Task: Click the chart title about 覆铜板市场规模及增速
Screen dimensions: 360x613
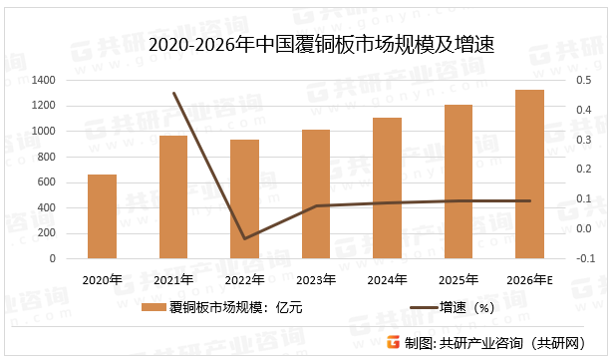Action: [x=306, y=45]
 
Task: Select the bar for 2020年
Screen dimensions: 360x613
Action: [x=102, y=216]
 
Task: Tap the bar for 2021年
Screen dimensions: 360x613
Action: [x=173, y=197]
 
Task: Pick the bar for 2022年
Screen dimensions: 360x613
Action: [x=244, y=199]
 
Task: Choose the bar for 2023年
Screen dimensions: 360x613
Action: [x=315, y=194]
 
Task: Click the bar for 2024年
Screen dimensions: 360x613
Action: [x=387, y=188]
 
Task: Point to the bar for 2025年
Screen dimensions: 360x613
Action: [x=458, y=181]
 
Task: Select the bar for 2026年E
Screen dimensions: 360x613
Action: [x=529, y=175]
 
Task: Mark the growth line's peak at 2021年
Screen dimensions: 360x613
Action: [x=173, y=93]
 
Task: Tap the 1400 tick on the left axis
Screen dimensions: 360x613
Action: [x=44, y=80]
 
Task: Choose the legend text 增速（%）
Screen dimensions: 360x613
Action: [x=471, y=308]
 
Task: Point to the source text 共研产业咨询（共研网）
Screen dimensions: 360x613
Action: [x=510, y=343]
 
